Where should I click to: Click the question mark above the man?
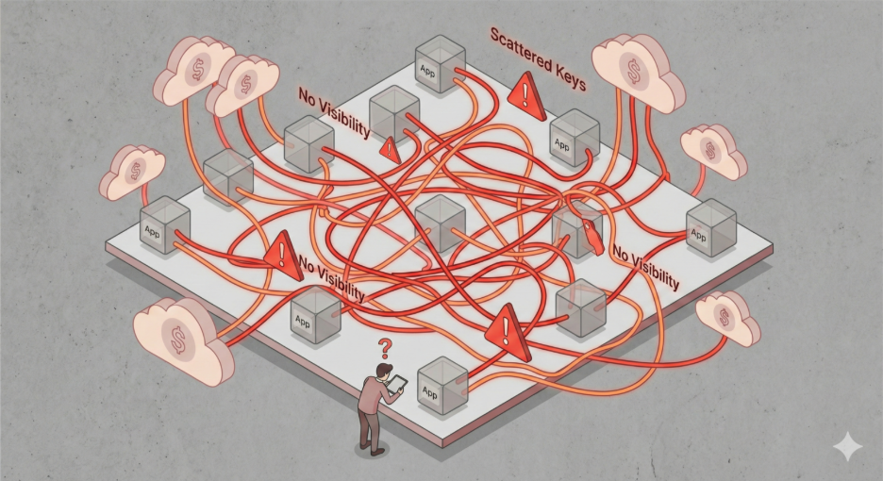[x=384, y=347]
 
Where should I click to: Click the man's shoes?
[x=371, y=448]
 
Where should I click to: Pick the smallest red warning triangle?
[x=389, y=148]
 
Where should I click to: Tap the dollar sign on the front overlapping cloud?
[x=243, y=84]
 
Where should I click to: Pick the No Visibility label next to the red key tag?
[x=645, y=266]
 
